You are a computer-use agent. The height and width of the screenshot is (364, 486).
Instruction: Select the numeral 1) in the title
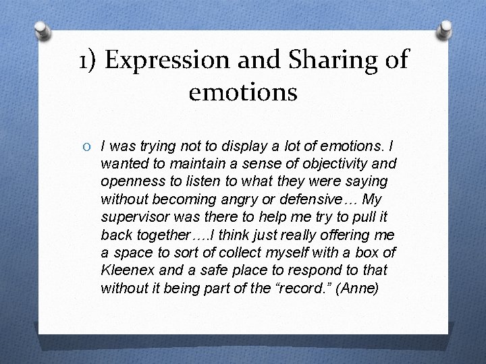click(x=88, y=59)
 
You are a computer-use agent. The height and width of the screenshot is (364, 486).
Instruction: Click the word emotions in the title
click(x=243, y=92)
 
